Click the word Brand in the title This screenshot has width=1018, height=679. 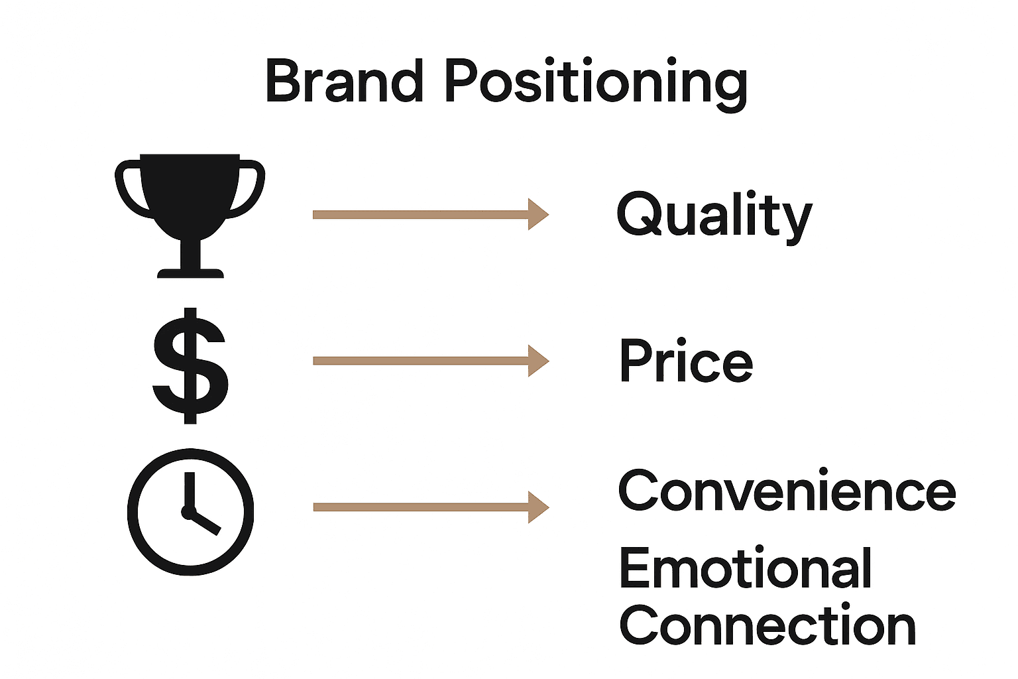pyautogui.click(x=344, y=81)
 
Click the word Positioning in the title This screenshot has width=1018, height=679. pyautogui.click(x=596, y=82)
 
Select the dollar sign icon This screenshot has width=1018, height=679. pyautogui.click(x=190, y=365)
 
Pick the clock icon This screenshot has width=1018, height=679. pyautogui.click(x=190, y=511)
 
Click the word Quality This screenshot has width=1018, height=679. pyautogui.click(x=714, y=215)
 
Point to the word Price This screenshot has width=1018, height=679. pyautogui.click(x=686, y=361)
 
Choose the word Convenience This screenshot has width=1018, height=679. pyautogui.click(x=787, y=491)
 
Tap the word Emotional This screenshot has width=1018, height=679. pyautogui.click(x=746, y=569)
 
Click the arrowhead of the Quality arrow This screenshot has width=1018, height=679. pyautogui.click(x=537, y=214)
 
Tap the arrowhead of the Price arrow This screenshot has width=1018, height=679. pyautogui.click(x=537, y=361)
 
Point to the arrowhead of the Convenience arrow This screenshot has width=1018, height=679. pyautogui.click(x=537, y=507)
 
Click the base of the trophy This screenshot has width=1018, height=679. pyautogui.click(x=190, y=273)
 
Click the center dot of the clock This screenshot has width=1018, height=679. pyautogui.click(x=187, y=512)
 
